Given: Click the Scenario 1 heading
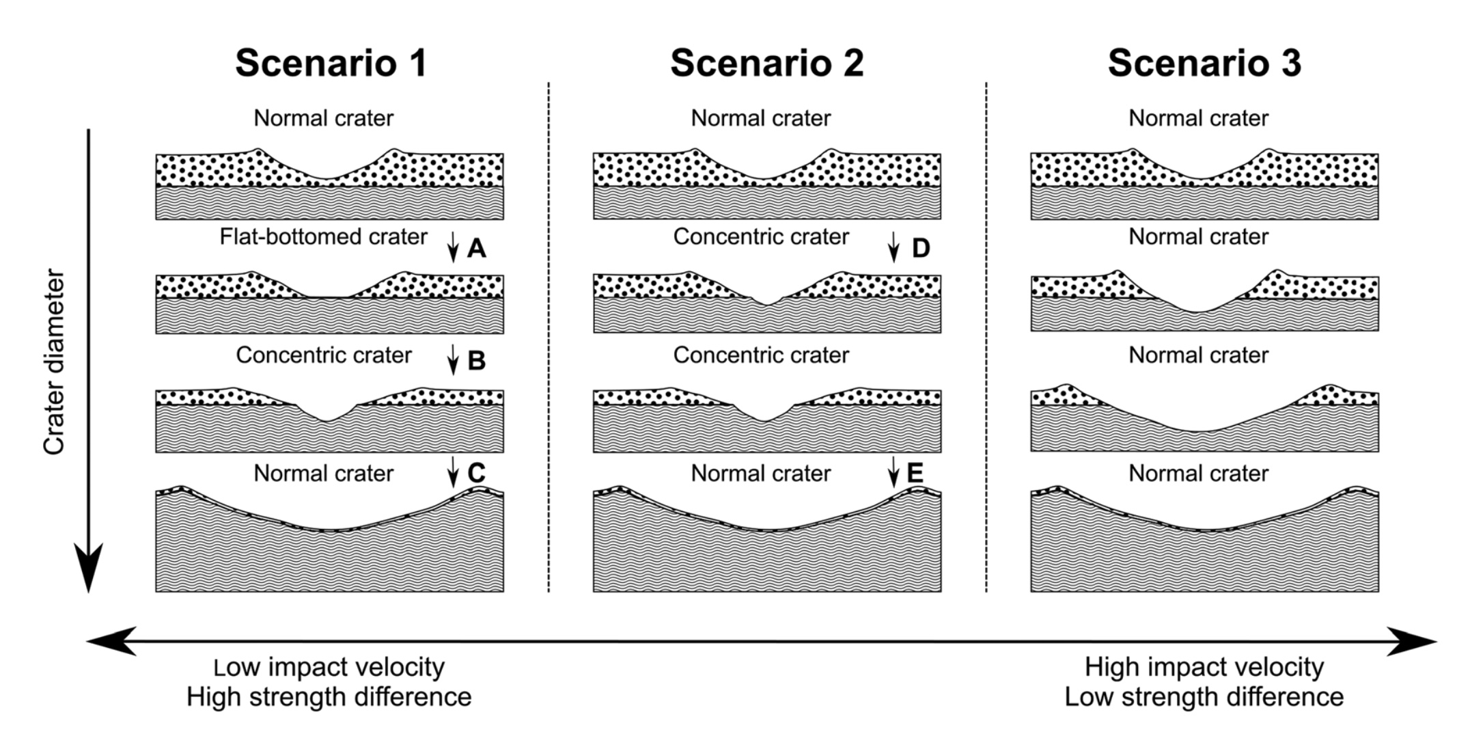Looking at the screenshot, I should [x=331, y=63].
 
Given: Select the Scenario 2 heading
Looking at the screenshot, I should [x=767, y=63].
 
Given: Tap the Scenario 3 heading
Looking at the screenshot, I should [x=1204, y=63].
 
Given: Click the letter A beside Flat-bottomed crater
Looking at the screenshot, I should [x=477, y=248].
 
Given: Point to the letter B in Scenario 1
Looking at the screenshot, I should [x=477, y=360].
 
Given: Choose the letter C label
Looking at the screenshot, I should [x=476, y=473].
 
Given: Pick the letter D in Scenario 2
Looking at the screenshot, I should [x=921, y=248].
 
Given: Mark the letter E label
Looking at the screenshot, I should [x=915, y=473].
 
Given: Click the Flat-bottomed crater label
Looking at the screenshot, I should [x=323, y=237].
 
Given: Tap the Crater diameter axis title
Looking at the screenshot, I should [x=54, y=362].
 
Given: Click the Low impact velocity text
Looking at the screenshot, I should [x=329, y=667].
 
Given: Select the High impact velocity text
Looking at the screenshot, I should [x=1204, y=667].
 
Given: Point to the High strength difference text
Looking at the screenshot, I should [x=329, y=697].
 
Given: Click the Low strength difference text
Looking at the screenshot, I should [x=1204, y=697].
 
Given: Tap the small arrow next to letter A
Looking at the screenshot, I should [x=452, y=247].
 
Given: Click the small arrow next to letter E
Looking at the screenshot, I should [x=893, y=472].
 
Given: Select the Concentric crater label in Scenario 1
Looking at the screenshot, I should [x=324, y=355].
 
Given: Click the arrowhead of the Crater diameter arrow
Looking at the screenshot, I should [x=88, y=571].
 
